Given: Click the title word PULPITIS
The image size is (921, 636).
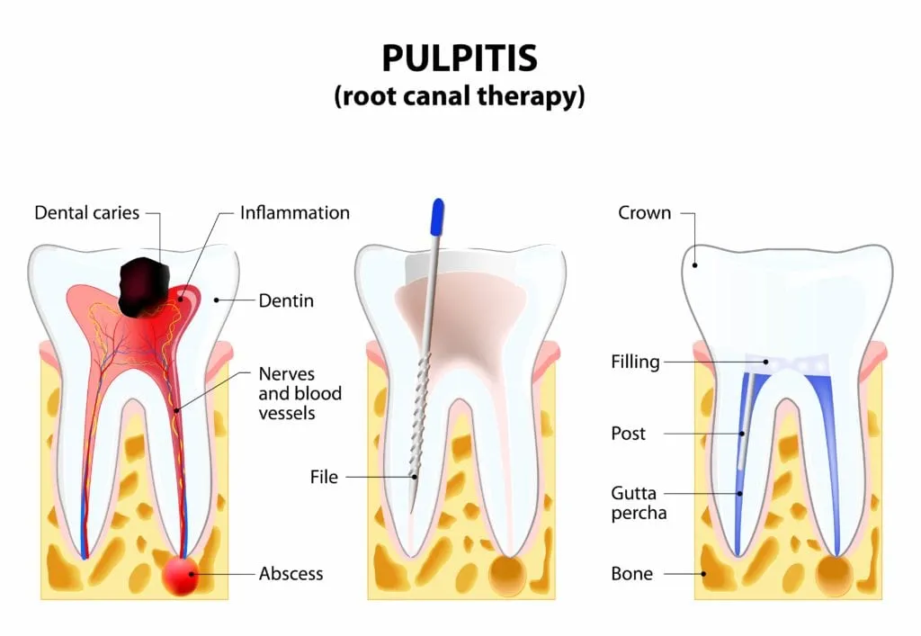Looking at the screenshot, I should (460, 58).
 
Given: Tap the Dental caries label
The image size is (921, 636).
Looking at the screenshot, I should (87, 213).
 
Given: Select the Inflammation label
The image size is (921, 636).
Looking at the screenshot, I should (295, 213).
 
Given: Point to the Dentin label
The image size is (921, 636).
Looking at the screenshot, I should (286, 300).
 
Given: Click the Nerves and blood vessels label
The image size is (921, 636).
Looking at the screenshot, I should (300, 392).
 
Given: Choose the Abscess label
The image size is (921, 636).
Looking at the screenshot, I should (291, 573).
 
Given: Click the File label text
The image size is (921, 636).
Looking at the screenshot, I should (324, 476).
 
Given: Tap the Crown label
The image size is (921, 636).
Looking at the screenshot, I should (644, 213).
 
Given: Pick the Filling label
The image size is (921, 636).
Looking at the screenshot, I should (635, 363).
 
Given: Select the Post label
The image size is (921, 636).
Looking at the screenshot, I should (628, 434).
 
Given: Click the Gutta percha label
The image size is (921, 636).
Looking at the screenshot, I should (635, 503).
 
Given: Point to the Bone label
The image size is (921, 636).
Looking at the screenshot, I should (631, 573).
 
